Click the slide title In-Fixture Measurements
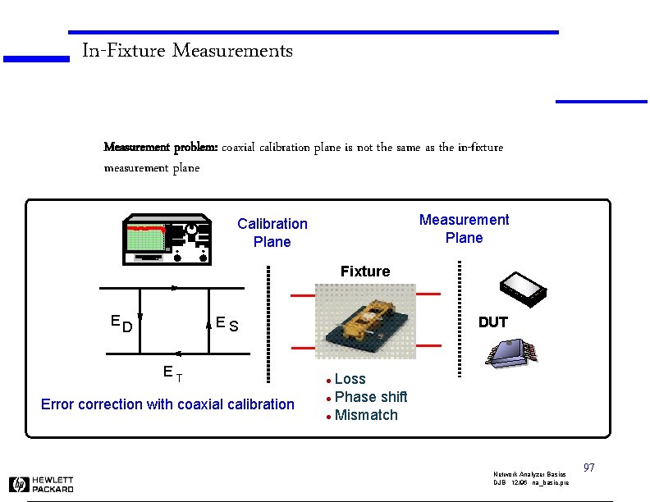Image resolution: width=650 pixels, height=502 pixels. [187, 51]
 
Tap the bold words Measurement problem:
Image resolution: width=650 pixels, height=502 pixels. [160, 148]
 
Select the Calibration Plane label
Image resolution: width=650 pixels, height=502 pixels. [272, 233]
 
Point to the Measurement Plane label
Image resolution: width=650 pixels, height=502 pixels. [464, 229]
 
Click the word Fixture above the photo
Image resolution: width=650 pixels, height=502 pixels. [365, 272]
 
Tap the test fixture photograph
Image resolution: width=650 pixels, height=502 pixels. [366, 324]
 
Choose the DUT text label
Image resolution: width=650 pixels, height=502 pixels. [492, 322]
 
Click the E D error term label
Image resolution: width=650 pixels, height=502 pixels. [121, 324]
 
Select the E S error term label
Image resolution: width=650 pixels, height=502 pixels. [227, 324]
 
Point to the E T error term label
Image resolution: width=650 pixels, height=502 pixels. [172, 374]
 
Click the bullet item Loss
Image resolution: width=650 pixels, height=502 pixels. [350, 379]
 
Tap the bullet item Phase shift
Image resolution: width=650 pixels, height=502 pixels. [370, 397]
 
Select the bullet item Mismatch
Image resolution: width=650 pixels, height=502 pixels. [365, 415]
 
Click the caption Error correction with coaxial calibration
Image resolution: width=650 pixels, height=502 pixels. [167, 404]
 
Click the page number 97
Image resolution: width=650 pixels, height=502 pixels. [588, 468]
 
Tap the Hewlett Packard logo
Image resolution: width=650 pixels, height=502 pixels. [41, 484]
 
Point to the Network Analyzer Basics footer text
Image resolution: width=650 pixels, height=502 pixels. [529, 475]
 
